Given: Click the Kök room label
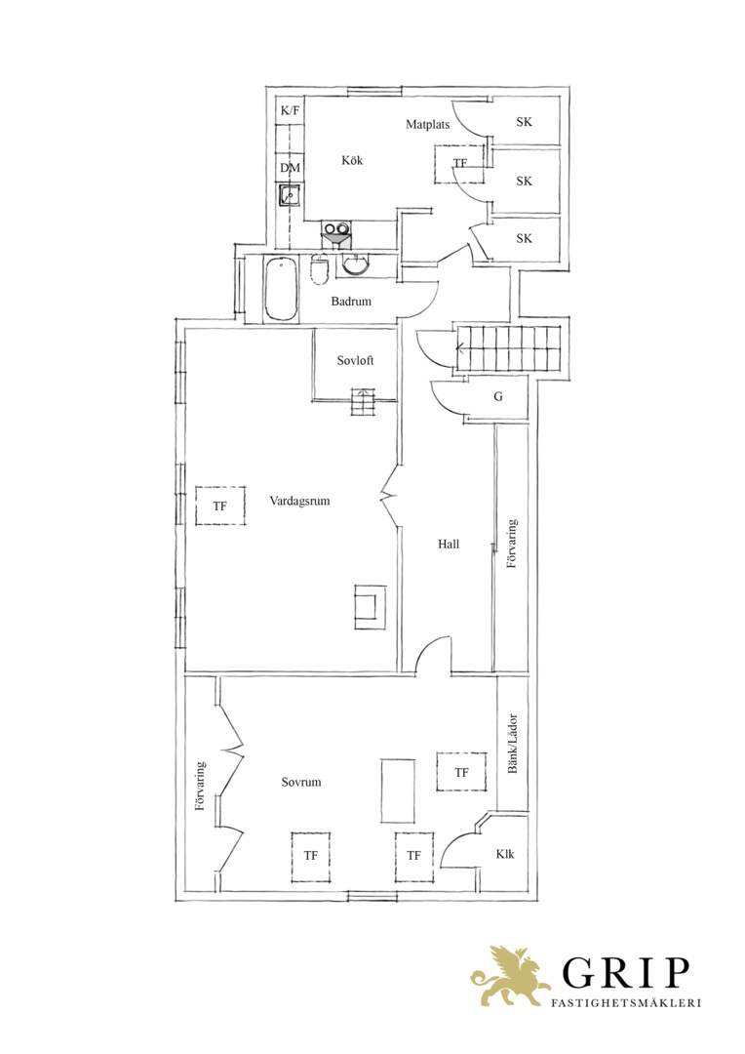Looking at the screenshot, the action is click(x=352, y=160).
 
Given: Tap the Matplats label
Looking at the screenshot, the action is click(x=427, y=124).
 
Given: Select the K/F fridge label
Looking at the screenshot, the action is click(x=291, y=110).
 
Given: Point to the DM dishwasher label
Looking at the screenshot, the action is click(x=291, y=168).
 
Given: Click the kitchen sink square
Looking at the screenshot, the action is click(x=291, y=195).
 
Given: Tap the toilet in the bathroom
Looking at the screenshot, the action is click(x=320, y=270).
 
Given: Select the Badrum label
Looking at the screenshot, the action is click(x=351, y=302).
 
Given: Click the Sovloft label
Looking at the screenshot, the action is click(x=355, y=360).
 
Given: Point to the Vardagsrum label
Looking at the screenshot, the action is click(x=299, y=501).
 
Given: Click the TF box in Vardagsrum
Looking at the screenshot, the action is click(x=219, y=506).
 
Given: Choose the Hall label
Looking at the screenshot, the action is click(x=449, y=544).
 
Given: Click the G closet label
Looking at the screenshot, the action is click(x=498, y=396).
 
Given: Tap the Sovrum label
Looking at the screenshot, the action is click(x=301, y=782).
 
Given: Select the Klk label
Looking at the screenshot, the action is click(x=505, y=854).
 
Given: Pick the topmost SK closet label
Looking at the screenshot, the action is click(x=524, y=122).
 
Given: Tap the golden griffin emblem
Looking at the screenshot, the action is click(x=509, y=976).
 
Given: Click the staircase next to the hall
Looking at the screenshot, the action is click(x=509, y=348).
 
